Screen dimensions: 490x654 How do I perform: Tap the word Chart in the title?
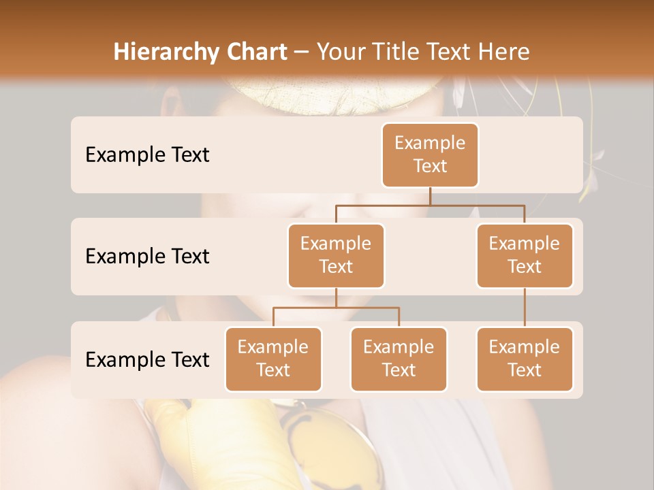252,52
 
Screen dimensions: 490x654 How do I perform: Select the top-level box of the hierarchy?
430,155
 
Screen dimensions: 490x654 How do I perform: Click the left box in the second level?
336,256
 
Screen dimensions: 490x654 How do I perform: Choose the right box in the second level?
525,256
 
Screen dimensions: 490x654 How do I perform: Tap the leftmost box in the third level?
273,359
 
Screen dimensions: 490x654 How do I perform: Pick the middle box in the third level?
399,359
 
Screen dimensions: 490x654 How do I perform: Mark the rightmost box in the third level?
525,359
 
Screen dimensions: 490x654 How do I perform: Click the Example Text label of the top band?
147,155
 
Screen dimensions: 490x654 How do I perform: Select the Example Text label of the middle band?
147,257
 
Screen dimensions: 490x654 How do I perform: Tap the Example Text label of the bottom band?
147,360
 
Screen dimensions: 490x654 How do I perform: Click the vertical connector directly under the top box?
430,196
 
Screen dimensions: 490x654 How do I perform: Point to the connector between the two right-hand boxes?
525,308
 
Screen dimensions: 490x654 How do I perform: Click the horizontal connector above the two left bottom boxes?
336,308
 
